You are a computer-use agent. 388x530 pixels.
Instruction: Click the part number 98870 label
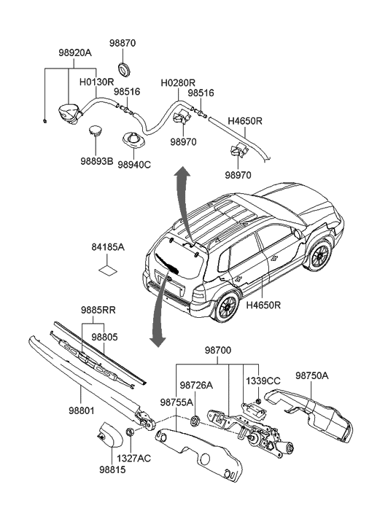coord(122,43)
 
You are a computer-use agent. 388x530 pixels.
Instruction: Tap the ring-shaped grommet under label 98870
coord(123,69)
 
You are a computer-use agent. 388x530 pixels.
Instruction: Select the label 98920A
coord(75,53)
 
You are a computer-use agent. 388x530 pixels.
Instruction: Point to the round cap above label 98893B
coord(95,130)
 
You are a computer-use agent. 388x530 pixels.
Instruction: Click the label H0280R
coord(178,83)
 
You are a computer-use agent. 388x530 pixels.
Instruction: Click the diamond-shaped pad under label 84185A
coord(107,270)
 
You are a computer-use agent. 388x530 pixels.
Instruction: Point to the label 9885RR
coord(98,310)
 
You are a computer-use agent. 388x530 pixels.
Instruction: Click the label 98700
coord(218,351)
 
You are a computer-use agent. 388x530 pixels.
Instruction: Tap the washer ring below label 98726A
coord(195,421)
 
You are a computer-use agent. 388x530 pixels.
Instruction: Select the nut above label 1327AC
coord(130,432)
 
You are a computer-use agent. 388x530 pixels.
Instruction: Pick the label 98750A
coord(312,375)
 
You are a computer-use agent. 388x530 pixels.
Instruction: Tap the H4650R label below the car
coord(263,305)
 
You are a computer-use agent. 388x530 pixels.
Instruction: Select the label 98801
coord(82,411)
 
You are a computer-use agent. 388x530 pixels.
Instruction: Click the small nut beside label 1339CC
coord(258,402)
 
